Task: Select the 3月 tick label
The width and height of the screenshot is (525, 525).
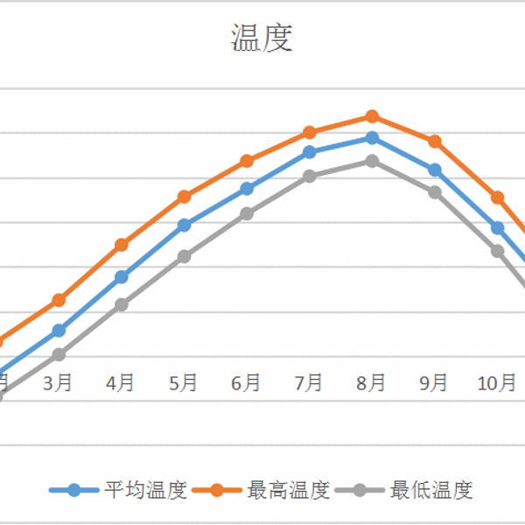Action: coord(58,382)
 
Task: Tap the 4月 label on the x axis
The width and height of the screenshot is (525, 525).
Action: coord(120,382)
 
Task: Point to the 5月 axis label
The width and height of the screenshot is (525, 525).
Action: coord(183,382)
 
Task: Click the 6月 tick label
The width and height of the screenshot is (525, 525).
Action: coord(246,382)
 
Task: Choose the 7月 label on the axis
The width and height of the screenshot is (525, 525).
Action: coord(309,382)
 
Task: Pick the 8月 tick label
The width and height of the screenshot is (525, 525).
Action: coord(371,382)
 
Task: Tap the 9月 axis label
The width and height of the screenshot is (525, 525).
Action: coord(434,382)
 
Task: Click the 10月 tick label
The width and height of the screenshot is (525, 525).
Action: coord(496,382)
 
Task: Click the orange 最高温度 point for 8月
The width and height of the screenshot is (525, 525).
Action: coord(372,115)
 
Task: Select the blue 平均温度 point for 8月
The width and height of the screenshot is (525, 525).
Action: coord(372,137)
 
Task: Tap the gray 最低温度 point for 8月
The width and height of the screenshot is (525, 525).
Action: coord(372,161)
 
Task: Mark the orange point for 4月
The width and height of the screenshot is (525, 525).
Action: coord(122,244)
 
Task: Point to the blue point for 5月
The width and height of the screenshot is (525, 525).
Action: coord(184,225)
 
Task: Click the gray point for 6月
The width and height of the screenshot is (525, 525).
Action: coord(247,213)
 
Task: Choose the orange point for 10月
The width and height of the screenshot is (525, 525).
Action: coord(497,197)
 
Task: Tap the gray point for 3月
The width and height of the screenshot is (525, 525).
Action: coord(59,354)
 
